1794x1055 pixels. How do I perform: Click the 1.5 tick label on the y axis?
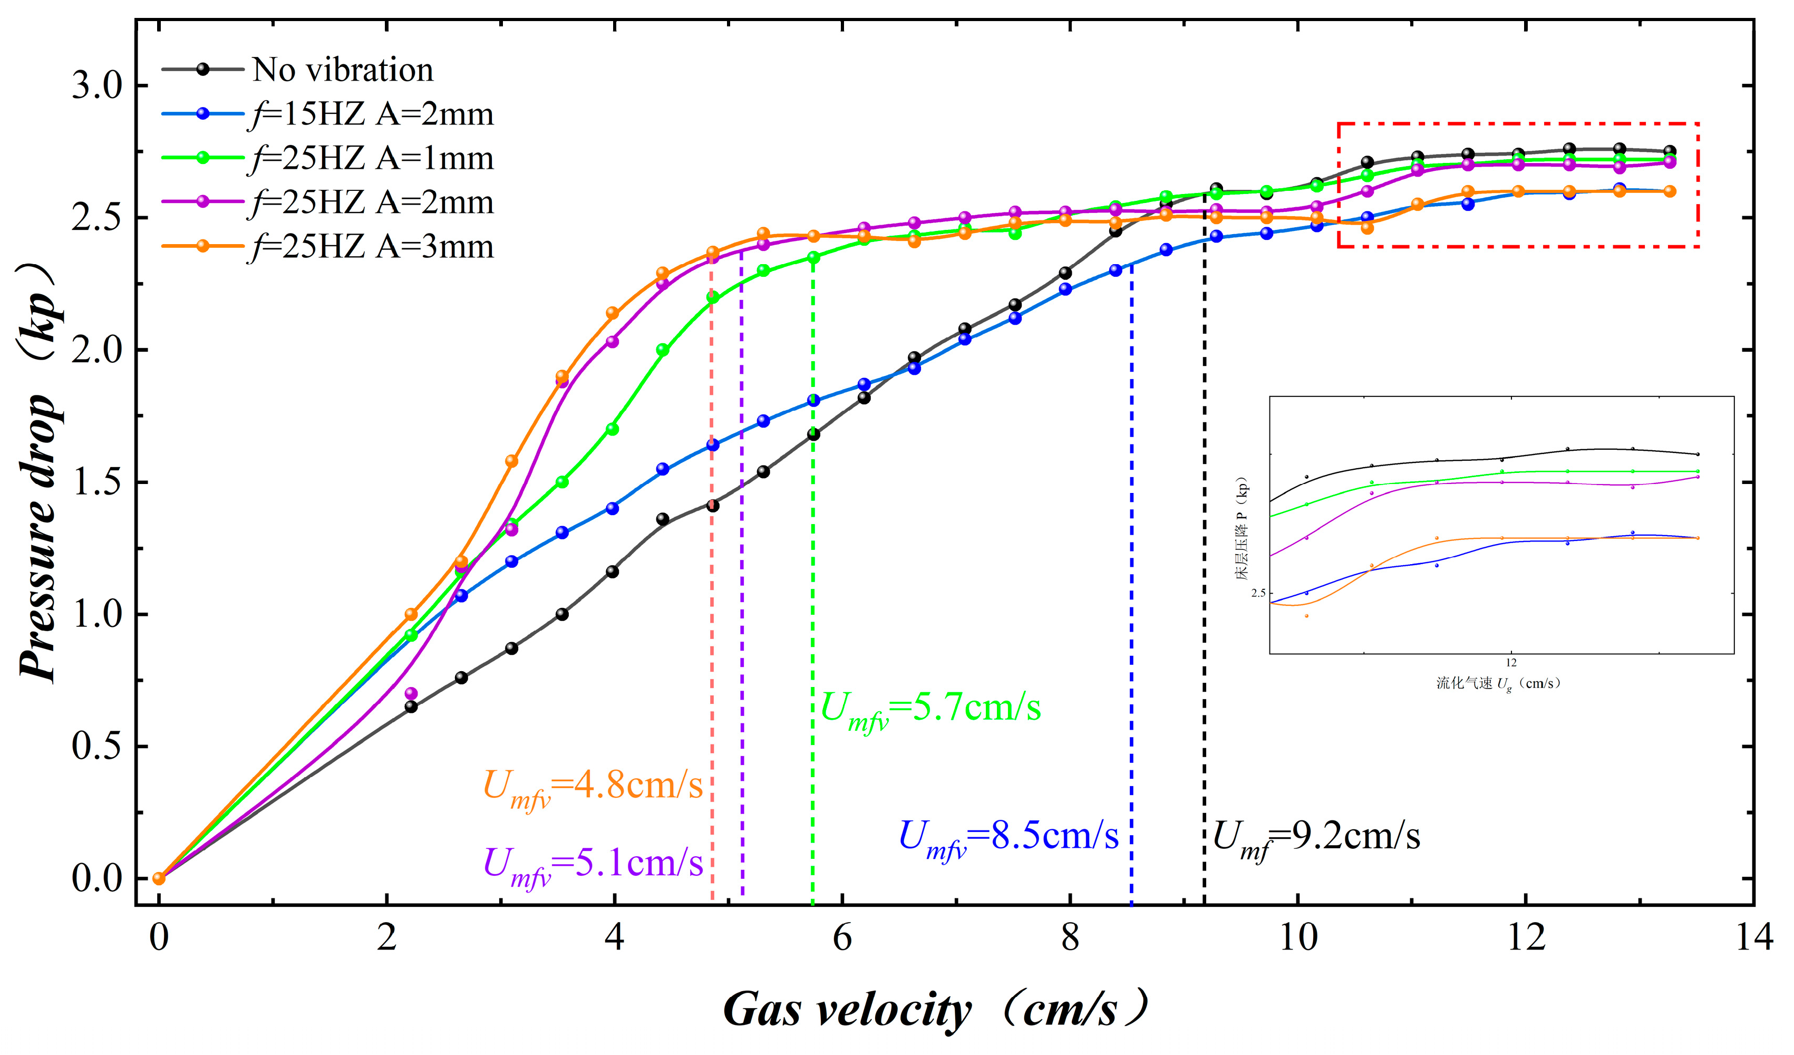tap(98, 482)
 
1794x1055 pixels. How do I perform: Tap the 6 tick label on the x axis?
tap(842, 937)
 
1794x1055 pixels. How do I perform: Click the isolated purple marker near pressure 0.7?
tap(411, 693)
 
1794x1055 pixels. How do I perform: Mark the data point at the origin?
tap(159, 878)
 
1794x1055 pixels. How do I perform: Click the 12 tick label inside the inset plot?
tap(1511, 663)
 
